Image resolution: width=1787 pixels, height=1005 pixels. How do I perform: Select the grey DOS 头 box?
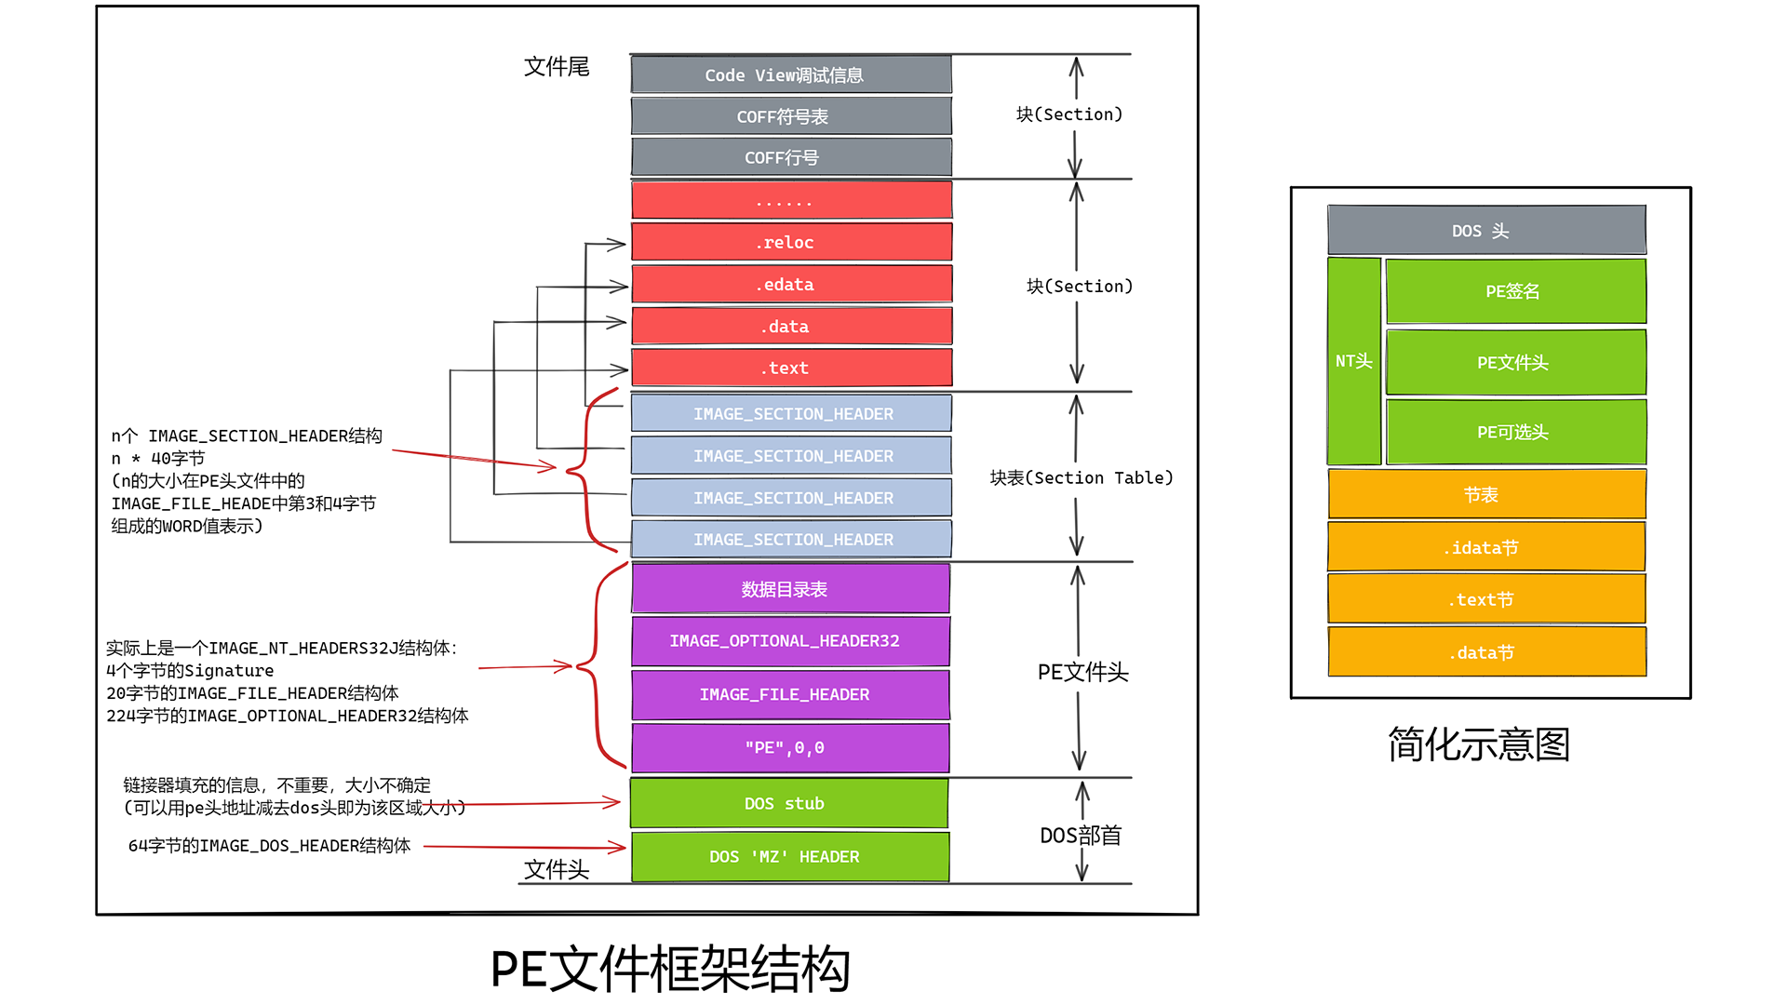[x=1486, y=230]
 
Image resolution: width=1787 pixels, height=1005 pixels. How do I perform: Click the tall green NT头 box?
[x=1354, y=361]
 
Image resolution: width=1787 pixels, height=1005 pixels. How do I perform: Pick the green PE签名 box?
[x=1515, y=291]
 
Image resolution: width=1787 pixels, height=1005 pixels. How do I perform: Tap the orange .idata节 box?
[x=1486, y=547]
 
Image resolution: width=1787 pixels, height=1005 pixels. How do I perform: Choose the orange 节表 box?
[x=1486, y=494]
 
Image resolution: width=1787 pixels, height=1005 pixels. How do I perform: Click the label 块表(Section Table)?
[x=1082, y=477]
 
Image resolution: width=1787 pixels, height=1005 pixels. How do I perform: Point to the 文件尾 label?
[x=557, y=67]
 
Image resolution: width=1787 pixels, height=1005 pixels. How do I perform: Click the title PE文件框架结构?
[x=670, y=969]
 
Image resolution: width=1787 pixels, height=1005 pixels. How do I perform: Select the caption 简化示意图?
[x=1479, y=744]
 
